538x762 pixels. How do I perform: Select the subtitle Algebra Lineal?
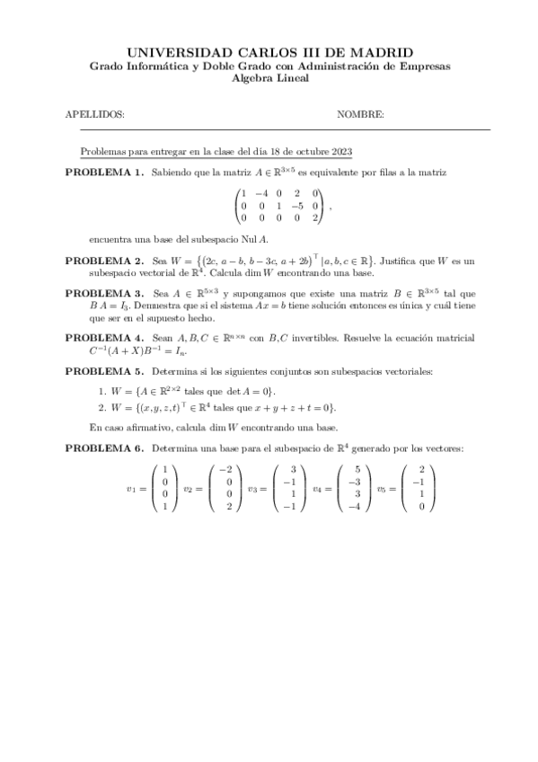click(270, 78)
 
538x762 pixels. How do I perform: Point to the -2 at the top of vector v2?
click(225, 470)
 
